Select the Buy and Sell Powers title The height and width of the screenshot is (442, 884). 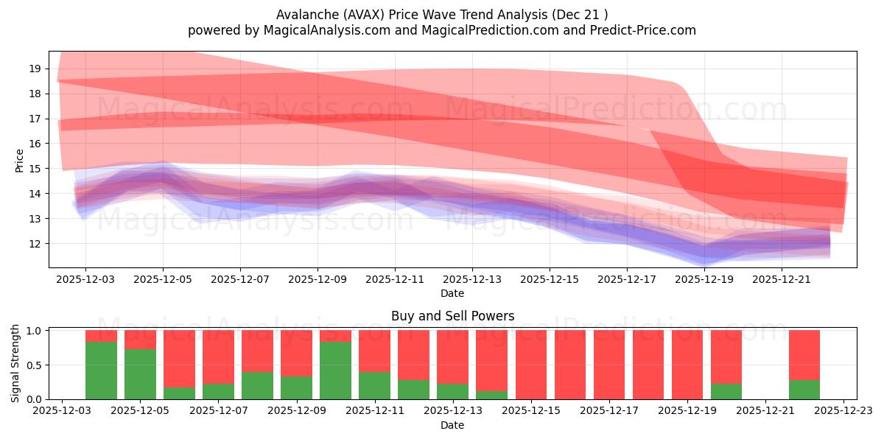point(452,316)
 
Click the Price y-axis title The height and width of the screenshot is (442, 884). point(20,160)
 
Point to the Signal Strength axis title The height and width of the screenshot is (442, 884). point(15,363)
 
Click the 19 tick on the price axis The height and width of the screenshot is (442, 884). point(35,69)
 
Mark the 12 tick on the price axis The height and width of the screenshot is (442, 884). point(35,244)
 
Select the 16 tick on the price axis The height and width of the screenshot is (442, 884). point(35,144)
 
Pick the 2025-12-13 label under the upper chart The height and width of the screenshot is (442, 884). point(472,280)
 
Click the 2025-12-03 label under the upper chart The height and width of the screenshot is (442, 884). point(85,280)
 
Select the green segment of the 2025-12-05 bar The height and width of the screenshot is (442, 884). point(140,374)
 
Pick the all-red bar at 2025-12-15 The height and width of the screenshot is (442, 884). point(530,365)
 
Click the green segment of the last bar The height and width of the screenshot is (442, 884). point(804,390)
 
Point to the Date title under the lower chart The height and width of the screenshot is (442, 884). point(452,425)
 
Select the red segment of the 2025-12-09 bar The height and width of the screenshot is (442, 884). point(296,353)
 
